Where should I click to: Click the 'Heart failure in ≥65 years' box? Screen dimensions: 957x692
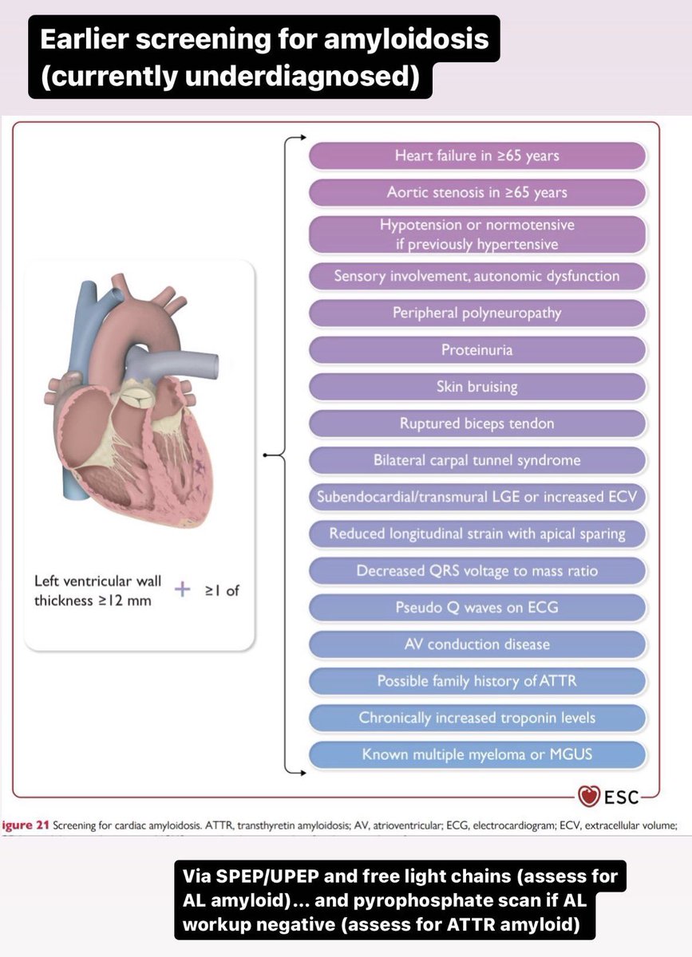pos(477,156)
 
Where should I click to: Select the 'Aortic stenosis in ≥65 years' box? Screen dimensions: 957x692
pos(477,193)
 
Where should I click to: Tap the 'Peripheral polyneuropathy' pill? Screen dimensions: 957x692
pos(477,313)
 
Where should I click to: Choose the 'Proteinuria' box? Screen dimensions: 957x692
pos(477,350)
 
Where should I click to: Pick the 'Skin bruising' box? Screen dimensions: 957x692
pos(477,387)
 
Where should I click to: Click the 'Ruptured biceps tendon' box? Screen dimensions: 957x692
pos(477,423)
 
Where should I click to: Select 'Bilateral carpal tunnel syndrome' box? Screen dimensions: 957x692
pos(477,460)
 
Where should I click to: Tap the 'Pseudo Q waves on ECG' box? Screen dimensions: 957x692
pos(477,608)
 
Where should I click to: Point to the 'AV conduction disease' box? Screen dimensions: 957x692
pos(477,644)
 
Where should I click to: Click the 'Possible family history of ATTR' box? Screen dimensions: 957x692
pos(477,681)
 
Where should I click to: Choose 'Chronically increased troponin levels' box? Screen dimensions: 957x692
pos(477,718)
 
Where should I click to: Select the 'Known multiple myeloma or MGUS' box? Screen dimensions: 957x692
pos(477,754)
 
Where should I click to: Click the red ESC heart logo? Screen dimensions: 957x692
pos(588,796)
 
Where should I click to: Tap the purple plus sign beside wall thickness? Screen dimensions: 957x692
pos(184,590)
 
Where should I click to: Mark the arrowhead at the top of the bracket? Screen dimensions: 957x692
pos(301,137)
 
